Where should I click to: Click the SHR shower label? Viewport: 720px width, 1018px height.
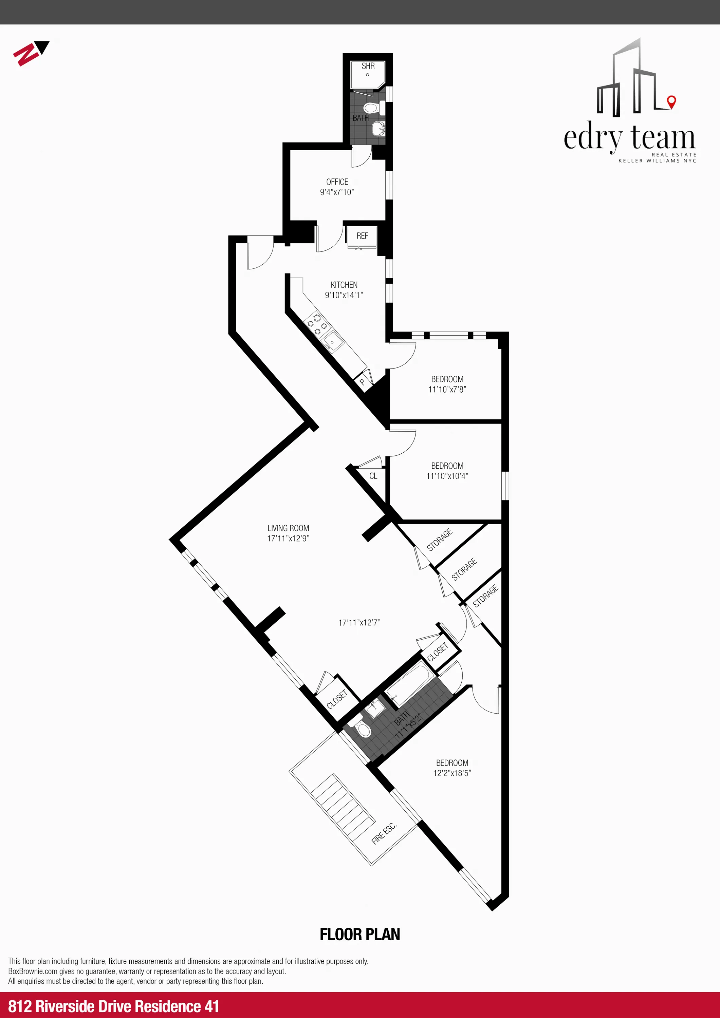coord(368,66)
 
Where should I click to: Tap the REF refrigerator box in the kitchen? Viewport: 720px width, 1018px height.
coord(362,236)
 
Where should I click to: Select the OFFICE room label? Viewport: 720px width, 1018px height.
coord(337,182)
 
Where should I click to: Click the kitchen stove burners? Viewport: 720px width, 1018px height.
coord(318,324)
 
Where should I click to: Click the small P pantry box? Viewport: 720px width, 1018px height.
coord(362,382)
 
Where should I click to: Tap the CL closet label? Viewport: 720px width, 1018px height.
coord(373,476)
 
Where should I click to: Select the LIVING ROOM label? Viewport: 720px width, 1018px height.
coord(288,528)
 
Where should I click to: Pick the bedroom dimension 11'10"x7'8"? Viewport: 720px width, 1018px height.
coord(447,389)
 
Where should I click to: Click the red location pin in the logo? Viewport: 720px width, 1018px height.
coord(672,101)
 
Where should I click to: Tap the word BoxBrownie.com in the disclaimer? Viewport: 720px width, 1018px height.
coord(32,971)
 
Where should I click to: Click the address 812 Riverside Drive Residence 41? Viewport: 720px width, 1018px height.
coord(114,1006)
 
